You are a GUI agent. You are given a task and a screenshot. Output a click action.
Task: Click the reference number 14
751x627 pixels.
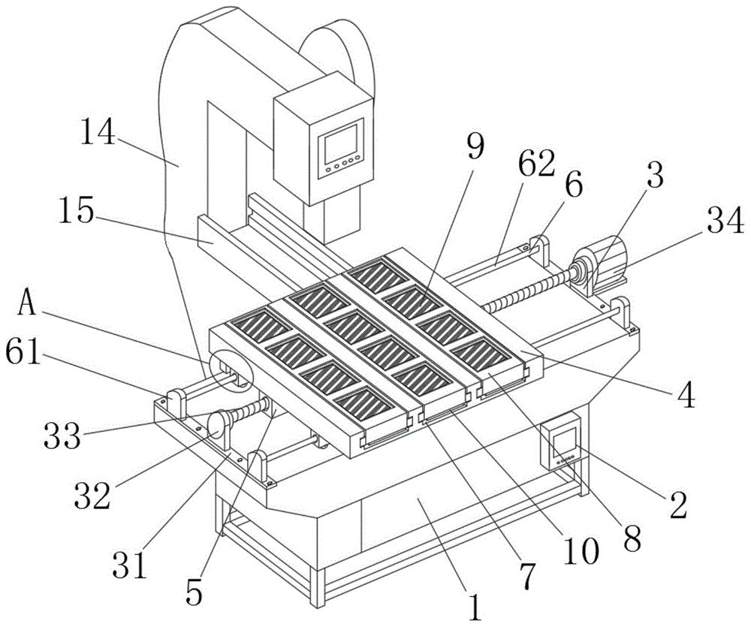tap(98, 131)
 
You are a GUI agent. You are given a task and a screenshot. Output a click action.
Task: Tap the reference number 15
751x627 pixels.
tap(76, 211)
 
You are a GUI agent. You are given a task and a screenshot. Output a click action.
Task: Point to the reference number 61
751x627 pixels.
tap(23, 352)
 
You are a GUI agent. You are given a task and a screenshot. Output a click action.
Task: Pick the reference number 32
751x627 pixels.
tap(92, 495)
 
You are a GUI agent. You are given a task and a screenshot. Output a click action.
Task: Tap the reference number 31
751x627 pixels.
tap(130, 564)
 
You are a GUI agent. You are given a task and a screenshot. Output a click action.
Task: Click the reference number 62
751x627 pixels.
tap(536, 164)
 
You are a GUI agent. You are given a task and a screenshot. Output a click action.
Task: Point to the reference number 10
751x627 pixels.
tap(581, 550)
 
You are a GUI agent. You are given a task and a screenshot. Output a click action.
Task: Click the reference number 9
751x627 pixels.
tap(476, 147)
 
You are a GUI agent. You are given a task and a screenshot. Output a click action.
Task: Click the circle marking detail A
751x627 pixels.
tap(230, 372)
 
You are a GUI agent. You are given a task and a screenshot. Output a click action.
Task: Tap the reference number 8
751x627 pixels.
tap(632, 538)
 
